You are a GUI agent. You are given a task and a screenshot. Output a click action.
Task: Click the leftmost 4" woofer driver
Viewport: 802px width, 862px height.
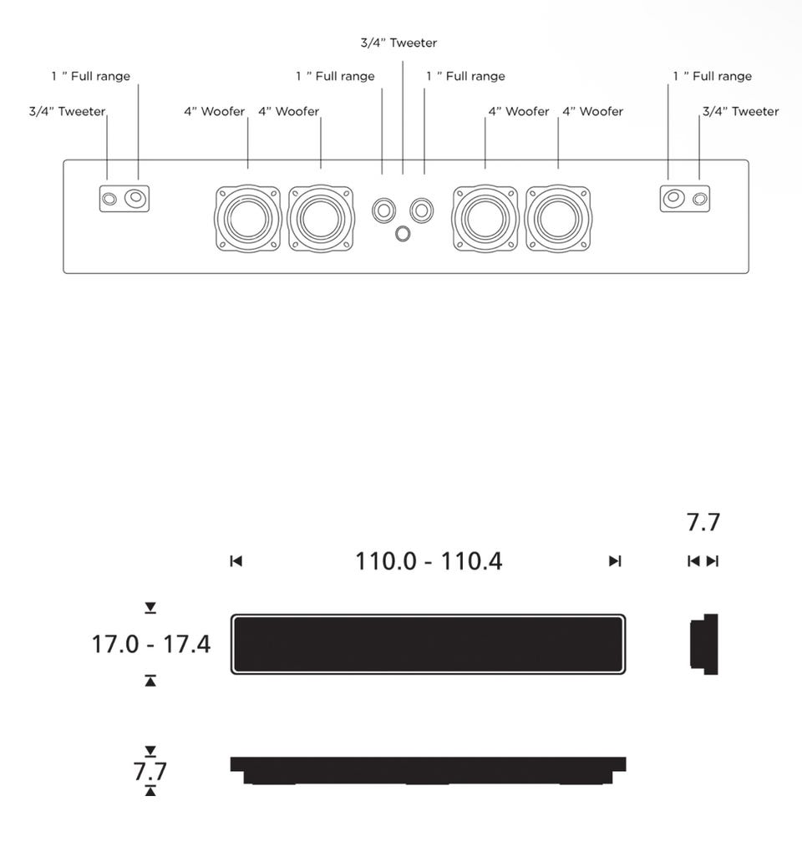tap(248, 219)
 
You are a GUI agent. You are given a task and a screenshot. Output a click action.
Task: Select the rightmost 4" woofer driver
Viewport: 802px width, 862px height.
tap(559, 219)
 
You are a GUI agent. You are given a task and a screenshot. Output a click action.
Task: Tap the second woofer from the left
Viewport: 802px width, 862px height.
tap(321, 219)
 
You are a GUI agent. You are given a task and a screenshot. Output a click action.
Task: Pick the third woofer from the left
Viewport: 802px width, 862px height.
tap(485, 219)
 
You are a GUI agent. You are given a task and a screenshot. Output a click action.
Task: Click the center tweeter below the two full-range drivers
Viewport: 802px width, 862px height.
tap(403, 233)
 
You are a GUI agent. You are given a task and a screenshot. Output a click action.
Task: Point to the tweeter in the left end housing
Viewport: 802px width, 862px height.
tap(109, 199)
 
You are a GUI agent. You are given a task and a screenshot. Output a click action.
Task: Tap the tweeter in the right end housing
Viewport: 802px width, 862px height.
tap(701, 199)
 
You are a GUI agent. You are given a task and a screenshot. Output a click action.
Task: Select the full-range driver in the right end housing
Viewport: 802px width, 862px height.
tap(673, 199)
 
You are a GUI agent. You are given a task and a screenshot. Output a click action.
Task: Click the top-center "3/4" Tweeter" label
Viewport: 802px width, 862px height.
tap(398, 43)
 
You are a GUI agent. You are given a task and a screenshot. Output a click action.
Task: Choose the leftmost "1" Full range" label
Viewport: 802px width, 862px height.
tap(90, 76)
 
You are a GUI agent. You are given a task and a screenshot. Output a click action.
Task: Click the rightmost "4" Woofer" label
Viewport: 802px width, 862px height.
tap(592, 111)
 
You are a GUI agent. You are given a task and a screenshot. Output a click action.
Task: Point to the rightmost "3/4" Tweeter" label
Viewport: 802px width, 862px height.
tap(740, 111)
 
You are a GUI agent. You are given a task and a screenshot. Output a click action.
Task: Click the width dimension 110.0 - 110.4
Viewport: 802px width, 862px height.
tap(429, 560)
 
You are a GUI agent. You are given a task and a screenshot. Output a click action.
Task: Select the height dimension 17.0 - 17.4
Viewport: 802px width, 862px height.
tap(151, 644)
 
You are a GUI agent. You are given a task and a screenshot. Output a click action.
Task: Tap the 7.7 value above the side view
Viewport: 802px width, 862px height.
tap(703, 522)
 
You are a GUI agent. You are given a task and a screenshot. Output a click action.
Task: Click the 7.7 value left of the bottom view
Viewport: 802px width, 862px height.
tap(150, 771)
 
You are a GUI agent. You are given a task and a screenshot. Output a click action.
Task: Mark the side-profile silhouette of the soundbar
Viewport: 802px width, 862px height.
tap(703, 644)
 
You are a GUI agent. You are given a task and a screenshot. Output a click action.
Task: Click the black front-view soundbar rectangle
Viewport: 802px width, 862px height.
tap(428, 644)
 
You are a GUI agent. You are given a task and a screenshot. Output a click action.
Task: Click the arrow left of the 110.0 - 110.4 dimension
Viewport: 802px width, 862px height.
tap(236, 561)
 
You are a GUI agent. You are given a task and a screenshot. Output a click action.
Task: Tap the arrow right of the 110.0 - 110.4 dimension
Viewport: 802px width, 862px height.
tap(615, 561)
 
